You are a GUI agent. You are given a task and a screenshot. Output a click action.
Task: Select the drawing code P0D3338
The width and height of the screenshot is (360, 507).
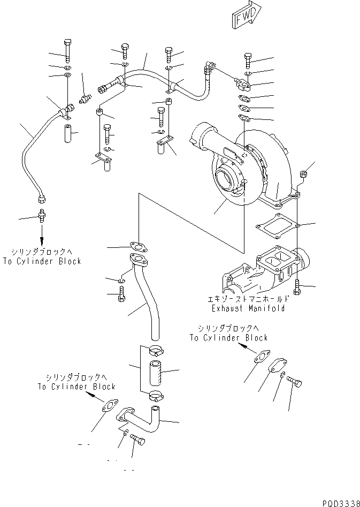pyautogui.click(x=340, y=503)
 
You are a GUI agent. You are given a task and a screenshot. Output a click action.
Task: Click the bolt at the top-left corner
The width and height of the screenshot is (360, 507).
pyautogui.click(x=67, y=49)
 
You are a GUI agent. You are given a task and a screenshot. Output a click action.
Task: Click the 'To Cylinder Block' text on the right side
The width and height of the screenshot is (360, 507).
pyautogui.click(x=228, y=338)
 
